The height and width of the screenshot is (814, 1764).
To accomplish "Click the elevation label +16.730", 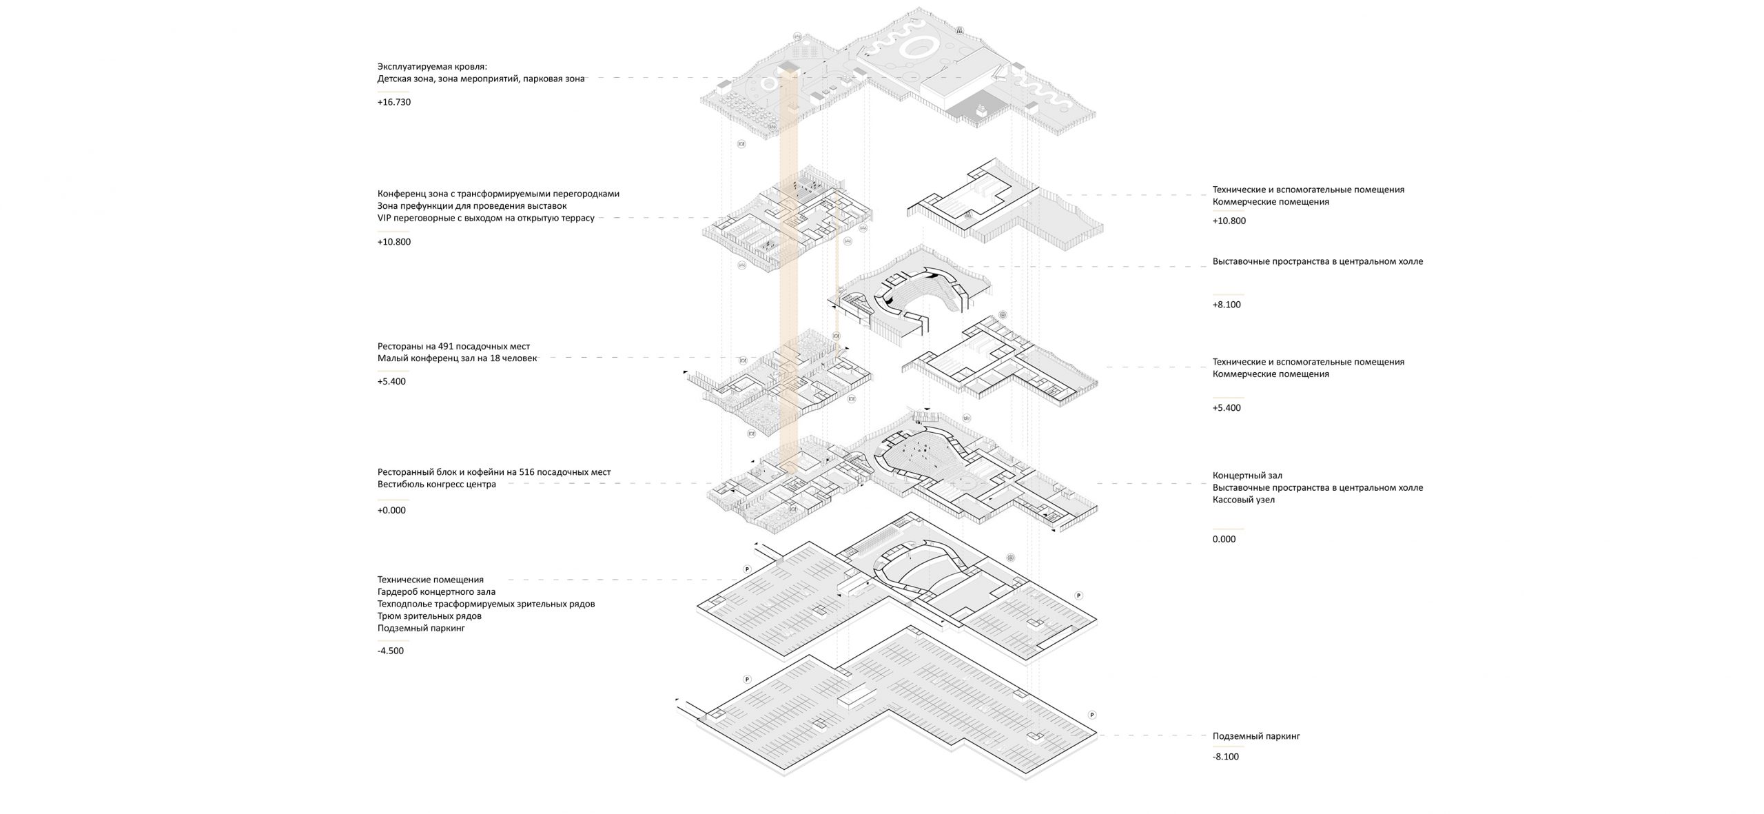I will [x=393, y=102].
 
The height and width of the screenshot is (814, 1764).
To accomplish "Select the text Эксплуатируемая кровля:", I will [x=432, y=66].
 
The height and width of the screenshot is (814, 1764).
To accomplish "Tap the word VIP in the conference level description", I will [x=385, y=218].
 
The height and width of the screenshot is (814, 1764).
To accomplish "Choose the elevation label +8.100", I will [x=1227, y=305].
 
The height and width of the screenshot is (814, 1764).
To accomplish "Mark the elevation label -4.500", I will [x=391, y=651].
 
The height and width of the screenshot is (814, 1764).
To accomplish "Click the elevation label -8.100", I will [x=1225, y=757].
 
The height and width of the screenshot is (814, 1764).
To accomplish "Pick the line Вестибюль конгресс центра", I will [x=436, y=485].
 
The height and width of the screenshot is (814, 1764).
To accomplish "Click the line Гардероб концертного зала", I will [x=436, y=591].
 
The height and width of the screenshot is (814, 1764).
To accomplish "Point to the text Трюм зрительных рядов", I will [x=429, y=616].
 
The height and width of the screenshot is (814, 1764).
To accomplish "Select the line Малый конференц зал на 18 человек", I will [x=457, y=358].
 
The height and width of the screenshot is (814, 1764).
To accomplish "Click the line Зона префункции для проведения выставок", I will [x=471, y=206].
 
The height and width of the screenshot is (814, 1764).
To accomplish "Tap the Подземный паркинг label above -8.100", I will [x=1255, y=736].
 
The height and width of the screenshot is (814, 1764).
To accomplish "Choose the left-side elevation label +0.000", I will [x=391, y=511].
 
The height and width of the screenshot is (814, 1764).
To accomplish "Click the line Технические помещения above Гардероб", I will [x=431, y=580].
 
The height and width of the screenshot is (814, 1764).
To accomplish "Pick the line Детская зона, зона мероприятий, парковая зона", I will [x=480, y=79].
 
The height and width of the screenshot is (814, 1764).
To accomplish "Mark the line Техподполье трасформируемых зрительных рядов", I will [x=486, y=604].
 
